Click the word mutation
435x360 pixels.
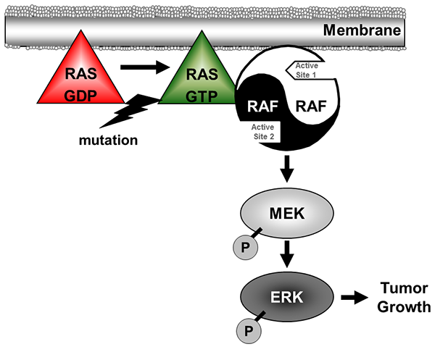[x=109, y=140]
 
